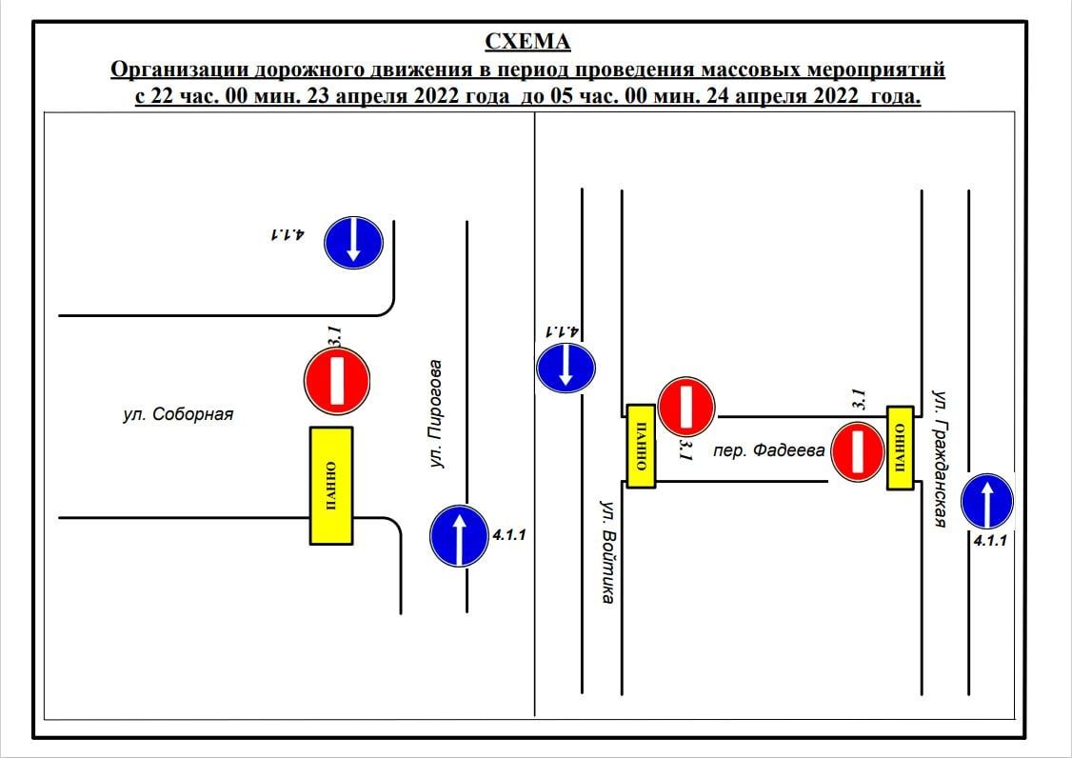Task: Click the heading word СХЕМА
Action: click(528, 42)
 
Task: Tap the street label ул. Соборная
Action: click(178, 414)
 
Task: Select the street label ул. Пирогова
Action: click(437, 413)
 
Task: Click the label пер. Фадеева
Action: click(768, 450)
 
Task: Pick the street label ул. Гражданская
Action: click(940, 458)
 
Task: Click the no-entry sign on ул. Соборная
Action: click(337, 382)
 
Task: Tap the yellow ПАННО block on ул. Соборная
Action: click(331, 485)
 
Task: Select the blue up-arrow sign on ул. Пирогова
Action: click(460, 537)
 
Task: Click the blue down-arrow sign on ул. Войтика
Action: click(566, 368)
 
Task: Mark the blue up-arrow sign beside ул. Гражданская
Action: click(987, 502)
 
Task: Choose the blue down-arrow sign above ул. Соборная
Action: click(352, 242)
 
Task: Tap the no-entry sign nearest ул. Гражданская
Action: click(859, 451)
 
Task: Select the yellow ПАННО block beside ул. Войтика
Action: click(641, 446)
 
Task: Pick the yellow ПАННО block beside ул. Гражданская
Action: click(901, 448)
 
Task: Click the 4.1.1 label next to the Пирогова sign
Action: click(509, 535)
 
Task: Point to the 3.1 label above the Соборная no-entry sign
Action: click(334, 336)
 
